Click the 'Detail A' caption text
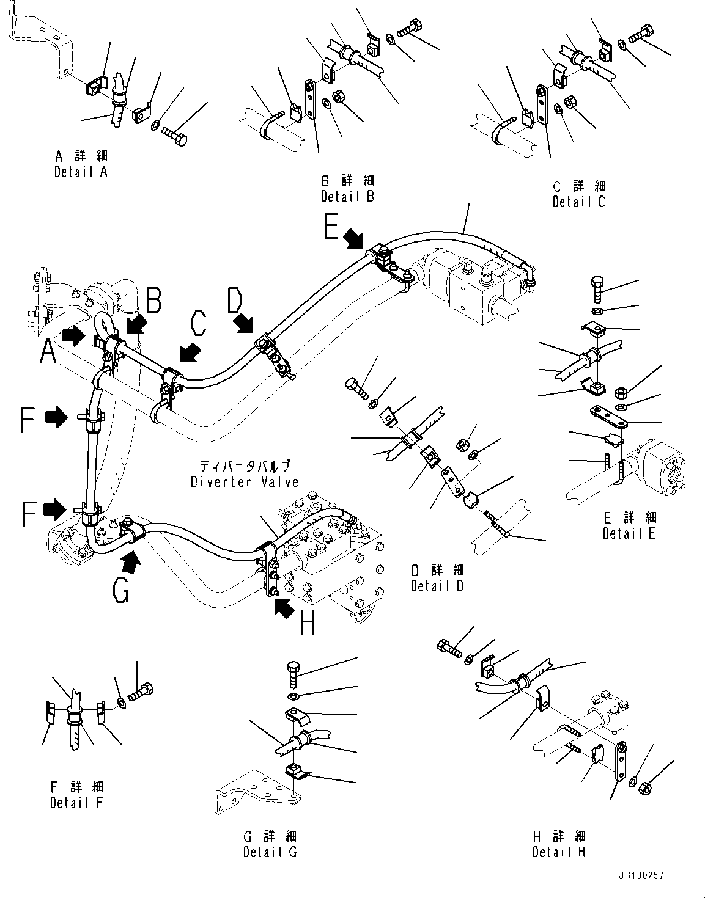click(80, 172)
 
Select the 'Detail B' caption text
click(347, 196)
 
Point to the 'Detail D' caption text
click(437, 586)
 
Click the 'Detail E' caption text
click(629, 533)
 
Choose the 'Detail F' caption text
click(76, 802)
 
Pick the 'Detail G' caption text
click(270, 852)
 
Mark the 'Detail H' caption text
click(559, 852)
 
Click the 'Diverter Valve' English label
click(245, 481)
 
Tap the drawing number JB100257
click(641, 876)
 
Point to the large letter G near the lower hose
click(121, 590)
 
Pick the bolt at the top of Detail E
click(597, 288)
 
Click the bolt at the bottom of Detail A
click(176, 138)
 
